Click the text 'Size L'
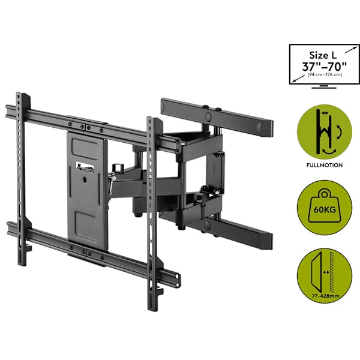click(x=323, y=55)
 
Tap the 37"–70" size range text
click(x=324, y=67)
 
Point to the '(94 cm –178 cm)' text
click(x=325, y=75)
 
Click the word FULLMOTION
click(x=325, y=165)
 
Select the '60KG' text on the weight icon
click(x=325, y=209)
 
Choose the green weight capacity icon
click(x=325, y=207)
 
